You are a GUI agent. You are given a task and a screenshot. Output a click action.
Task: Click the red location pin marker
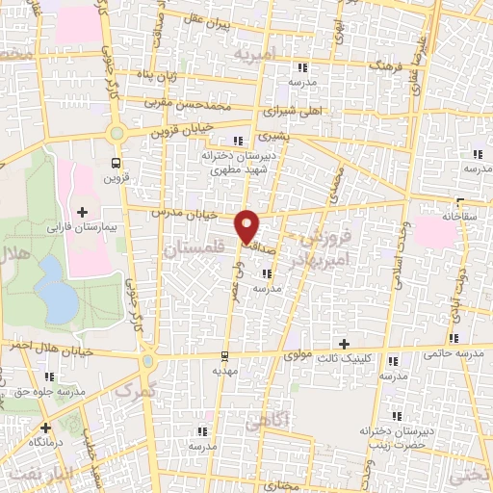(248, 225)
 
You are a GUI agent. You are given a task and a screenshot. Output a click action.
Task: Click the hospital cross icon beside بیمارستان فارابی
(82, 212)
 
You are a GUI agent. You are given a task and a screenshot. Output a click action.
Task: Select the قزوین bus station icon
(117, 162)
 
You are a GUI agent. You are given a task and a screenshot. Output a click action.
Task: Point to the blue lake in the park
(60, 300)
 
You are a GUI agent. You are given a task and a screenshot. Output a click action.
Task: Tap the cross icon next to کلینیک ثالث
(344, 344)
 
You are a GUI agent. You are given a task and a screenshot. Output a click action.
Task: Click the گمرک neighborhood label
(134, 389)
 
